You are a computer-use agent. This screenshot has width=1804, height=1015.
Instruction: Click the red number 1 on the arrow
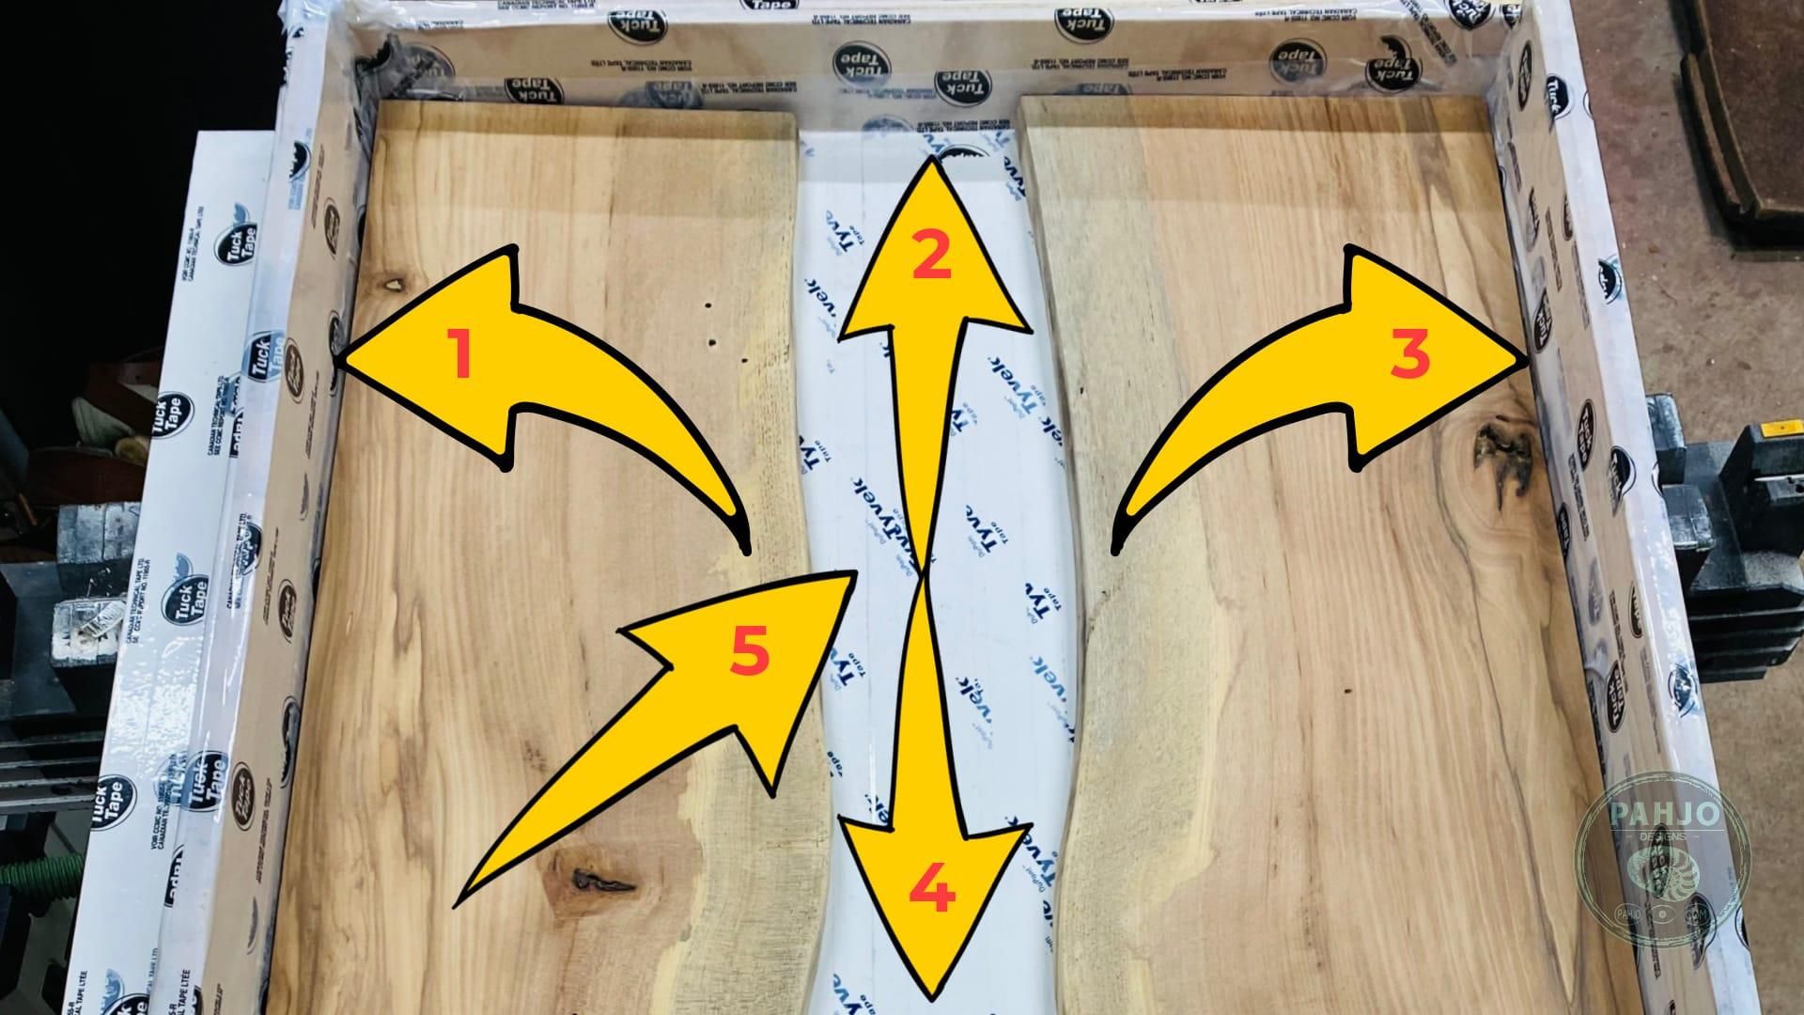(x=459, y=356)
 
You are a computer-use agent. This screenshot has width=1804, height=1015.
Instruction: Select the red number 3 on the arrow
(x=1408, y=354)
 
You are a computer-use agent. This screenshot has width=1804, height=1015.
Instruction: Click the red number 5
(x=749, y=651)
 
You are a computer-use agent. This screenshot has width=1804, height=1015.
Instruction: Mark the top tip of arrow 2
(x=929, y=160)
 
